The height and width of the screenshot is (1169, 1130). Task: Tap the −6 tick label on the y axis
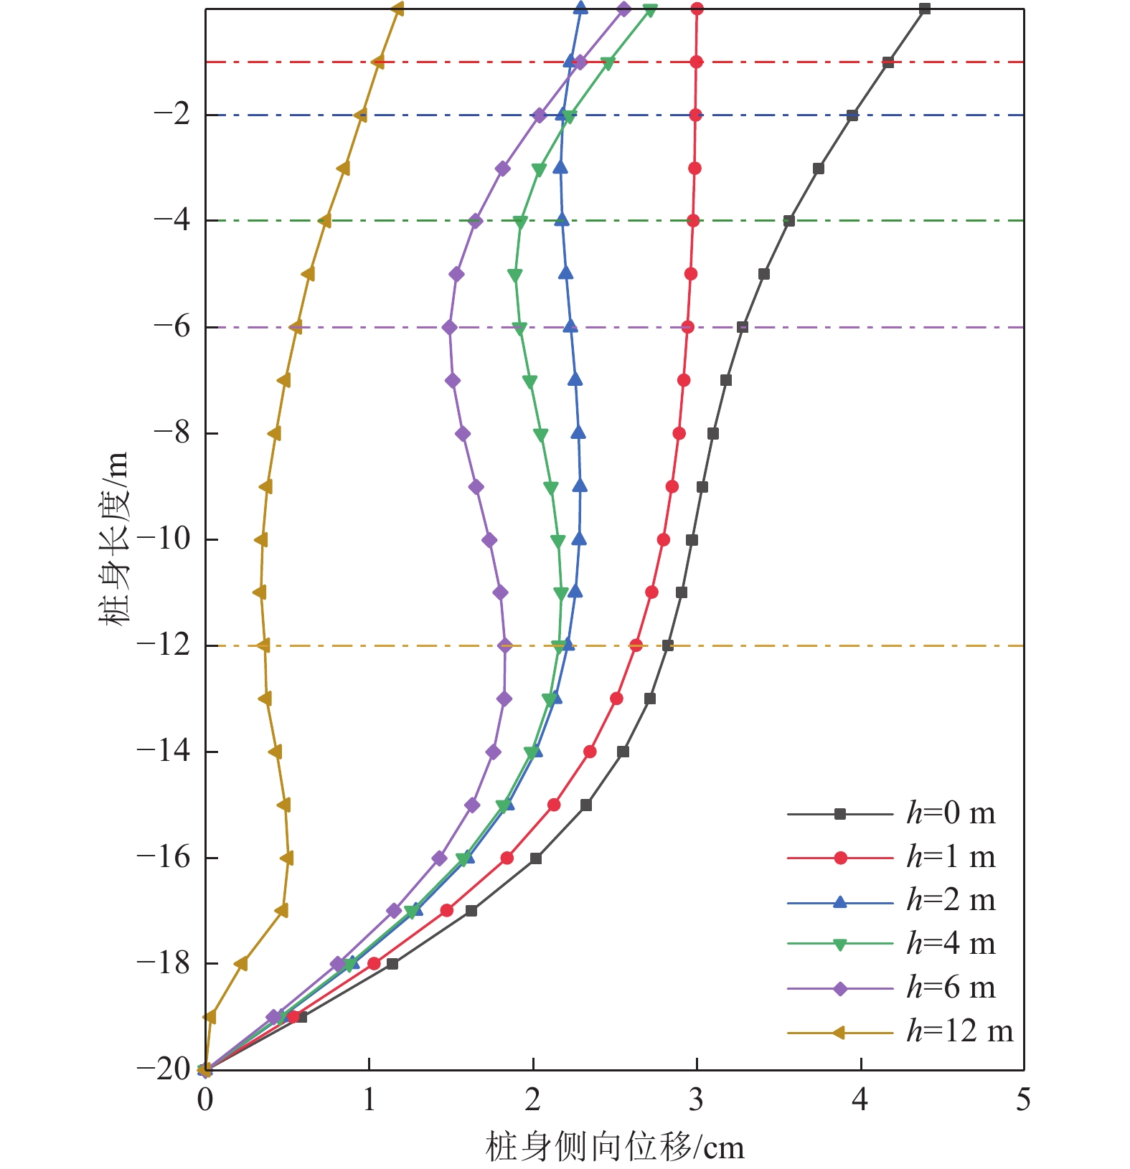tap(172, 326)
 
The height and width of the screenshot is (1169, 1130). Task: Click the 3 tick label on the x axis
tap(696, 1099)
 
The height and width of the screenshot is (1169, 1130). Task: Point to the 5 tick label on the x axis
tap(1023, 1099)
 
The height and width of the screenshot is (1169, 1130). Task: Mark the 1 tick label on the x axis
tap(369, 1099)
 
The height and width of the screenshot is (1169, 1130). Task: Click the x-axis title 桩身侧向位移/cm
tap(615, 1147)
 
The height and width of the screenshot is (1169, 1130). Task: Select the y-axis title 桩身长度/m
tap(115, 538)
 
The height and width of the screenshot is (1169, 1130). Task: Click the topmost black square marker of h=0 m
tap(925, 9)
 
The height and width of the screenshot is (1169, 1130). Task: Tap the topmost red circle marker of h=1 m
tap(697, 9)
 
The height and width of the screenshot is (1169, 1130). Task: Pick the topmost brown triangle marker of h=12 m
tap(397, 9)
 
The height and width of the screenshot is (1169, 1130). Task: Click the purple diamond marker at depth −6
tap(450, 327)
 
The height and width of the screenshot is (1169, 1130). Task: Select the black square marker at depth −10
tap(692, 539)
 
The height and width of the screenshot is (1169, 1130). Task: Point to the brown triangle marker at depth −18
tap(241, 964)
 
